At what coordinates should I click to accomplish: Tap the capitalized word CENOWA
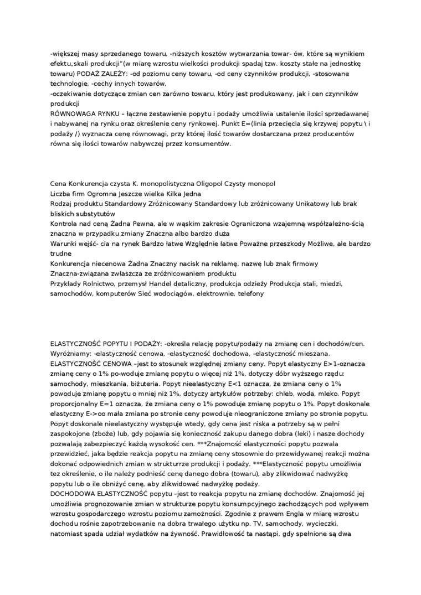click(114, 364)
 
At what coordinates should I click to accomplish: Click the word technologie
click(69, 84)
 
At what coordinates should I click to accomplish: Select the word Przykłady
click(65, 283)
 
